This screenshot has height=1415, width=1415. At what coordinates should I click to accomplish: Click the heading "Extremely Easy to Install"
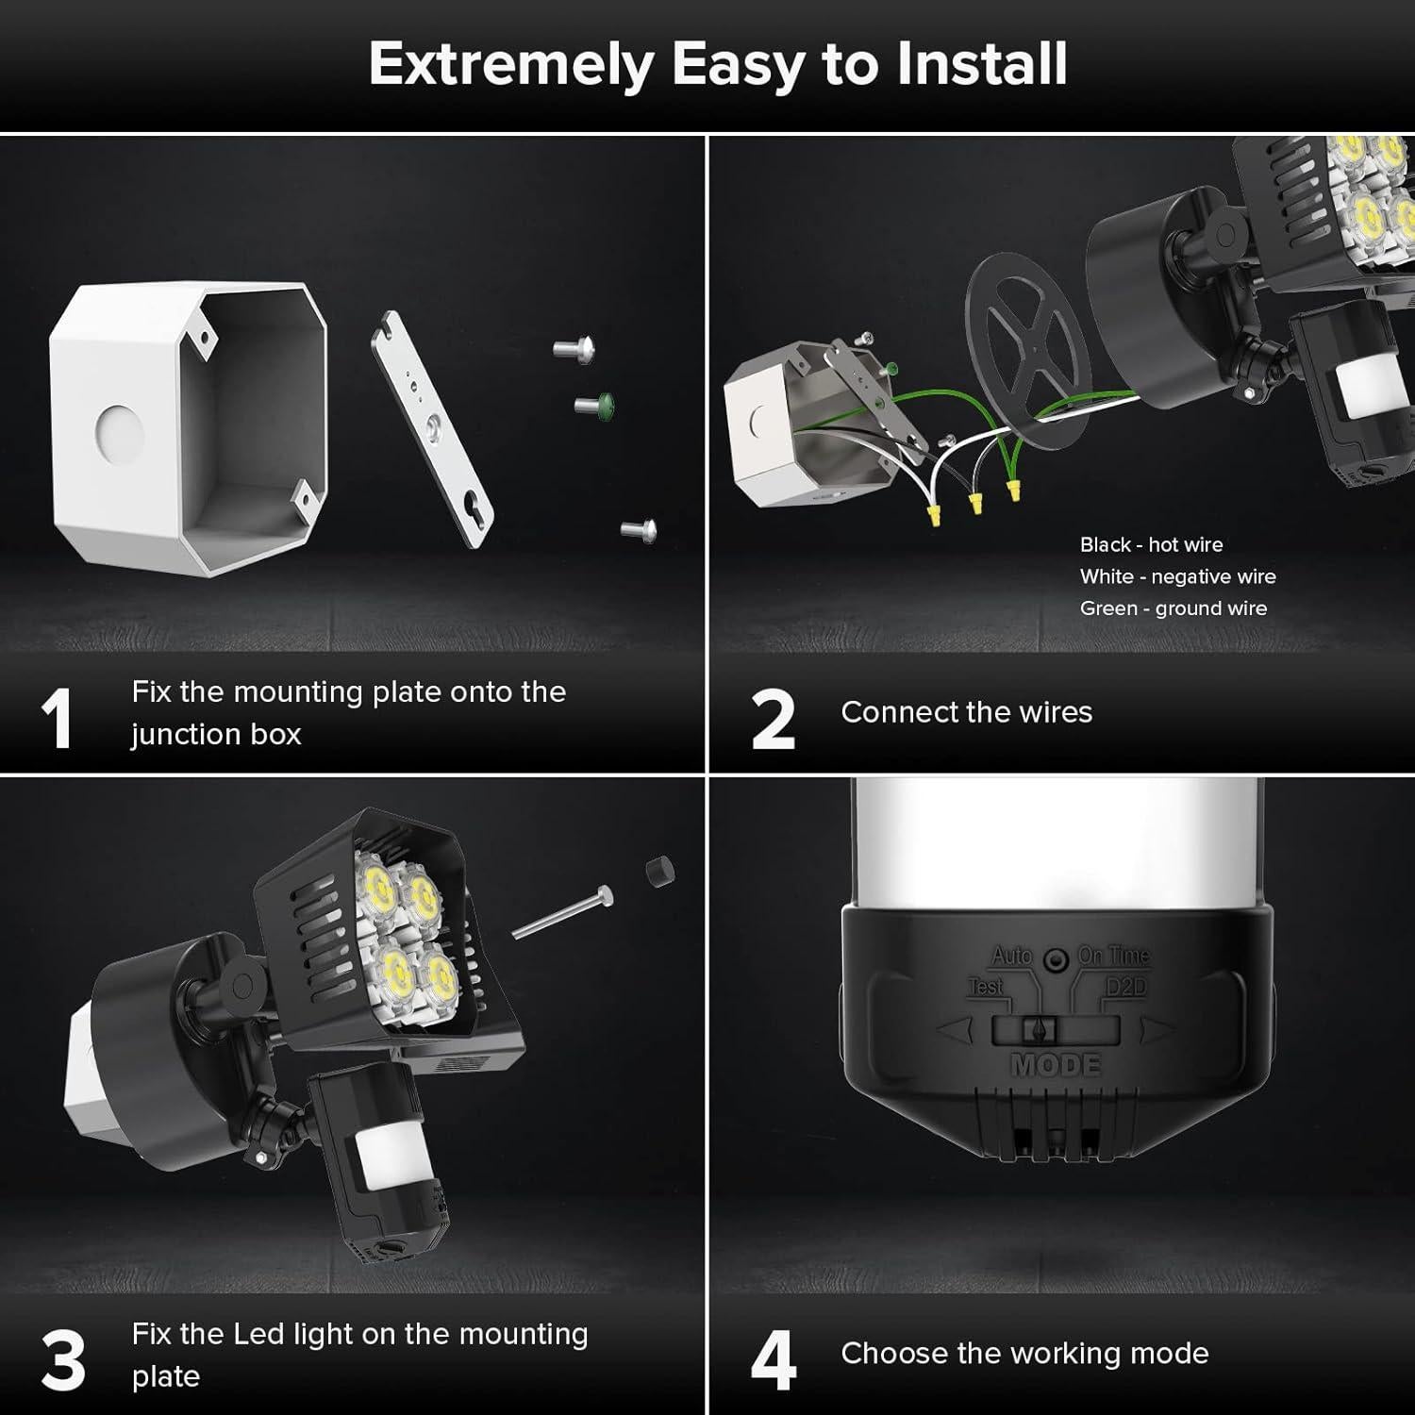click(x=717, y=64)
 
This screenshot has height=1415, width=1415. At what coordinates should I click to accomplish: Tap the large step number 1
click(x=58, y=720)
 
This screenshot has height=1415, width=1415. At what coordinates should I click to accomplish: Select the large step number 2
click(x=773, y=720)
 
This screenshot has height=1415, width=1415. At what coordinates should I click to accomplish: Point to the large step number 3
click(x=63, y=1361)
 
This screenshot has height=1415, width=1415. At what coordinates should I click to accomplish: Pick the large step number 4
click(x=774, y=1361)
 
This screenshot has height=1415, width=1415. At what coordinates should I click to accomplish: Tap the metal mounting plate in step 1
click(x=432, y=429)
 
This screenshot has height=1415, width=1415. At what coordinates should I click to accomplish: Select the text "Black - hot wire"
click(x=1151, y=545)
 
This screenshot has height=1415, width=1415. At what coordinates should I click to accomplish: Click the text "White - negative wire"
click(x=1177, y=576)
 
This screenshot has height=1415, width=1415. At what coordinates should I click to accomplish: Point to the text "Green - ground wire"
click(x=1173, y=608)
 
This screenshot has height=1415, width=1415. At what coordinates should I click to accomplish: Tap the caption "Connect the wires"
click(x=966, y=712)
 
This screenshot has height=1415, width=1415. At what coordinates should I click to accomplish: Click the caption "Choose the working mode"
click(x=1024, y=1354)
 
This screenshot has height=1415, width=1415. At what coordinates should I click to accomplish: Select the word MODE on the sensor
click(x=1056, y=1065)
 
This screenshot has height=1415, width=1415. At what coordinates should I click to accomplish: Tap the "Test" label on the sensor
click(x=986, y=987)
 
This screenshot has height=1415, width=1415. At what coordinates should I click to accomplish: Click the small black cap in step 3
click(x=659, y=871)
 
